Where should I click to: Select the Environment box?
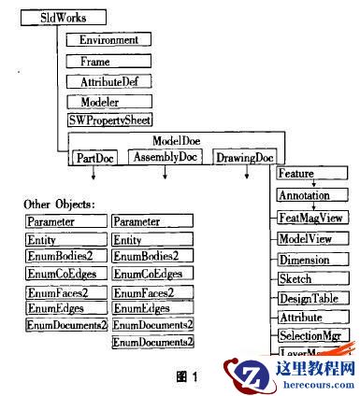click(x=108, y=40)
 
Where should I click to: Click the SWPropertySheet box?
click(x=108, y=120)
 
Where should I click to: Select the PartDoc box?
click(x=96, y=157)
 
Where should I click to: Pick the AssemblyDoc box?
click(x=165, y=157)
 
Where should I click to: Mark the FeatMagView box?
click(x=313, y=217)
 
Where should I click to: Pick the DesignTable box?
click(x=313, y=298)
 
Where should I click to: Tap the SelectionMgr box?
click(x=313, y=334)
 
